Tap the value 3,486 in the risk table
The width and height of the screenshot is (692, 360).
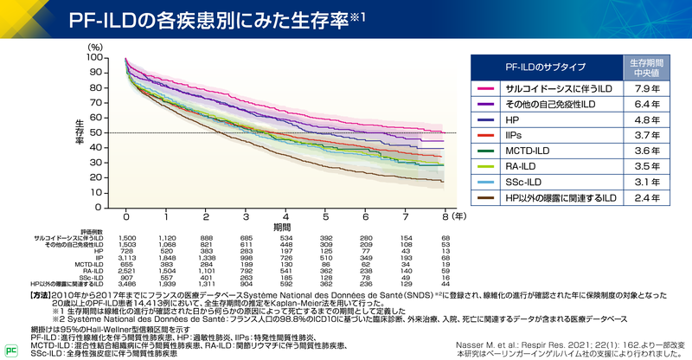pyautogui.click(x=126, y=284)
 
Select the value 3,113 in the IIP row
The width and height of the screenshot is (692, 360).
pyautogui.click(x=126, y=259)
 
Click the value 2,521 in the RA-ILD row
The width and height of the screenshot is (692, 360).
pyautogui.click(x=126, y=272)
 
